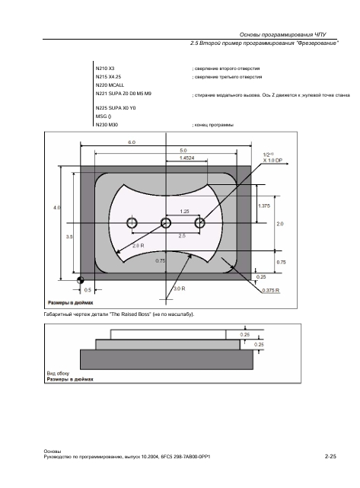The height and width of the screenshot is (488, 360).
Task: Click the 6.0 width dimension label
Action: point(132,142)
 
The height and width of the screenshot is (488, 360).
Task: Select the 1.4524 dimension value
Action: point(186,158)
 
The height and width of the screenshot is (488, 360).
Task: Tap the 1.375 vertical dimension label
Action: point(264,206)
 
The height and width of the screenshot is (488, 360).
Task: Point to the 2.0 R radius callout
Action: point(139,246)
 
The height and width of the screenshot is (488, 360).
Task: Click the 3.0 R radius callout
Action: point(179,289)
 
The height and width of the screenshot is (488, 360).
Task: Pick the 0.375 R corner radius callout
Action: point(271,290)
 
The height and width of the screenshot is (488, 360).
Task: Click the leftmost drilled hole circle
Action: point(132,223)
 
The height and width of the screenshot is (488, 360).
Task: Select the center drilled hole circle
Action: point(166,223)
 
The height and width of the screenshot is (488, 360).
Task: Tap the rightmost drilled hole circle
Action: point(199,223)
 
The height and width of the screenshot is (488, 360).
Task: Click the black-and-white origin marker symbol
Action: point(80,280)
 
